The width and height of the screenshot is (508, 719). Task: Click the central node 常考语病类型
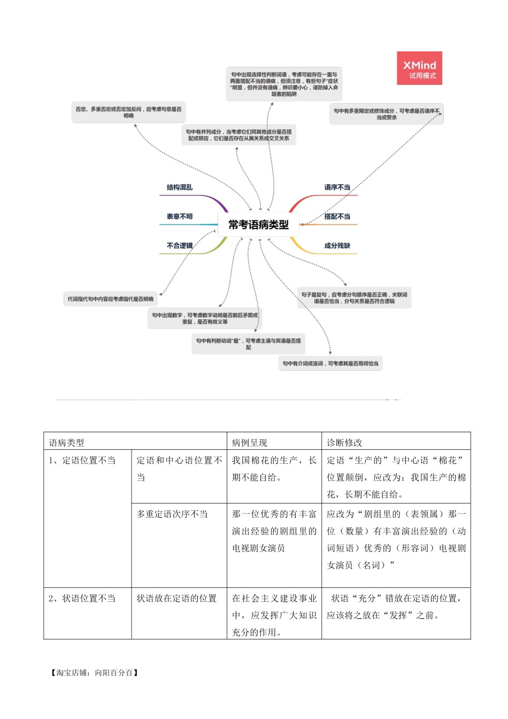[258, 225]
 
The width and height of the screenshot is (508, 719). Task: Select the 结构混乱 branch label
[180, 188]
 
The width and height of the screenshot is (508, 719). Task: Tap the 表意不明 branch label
[180, 217]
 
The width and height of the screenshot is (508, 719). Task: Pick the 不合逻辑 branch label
[180, 246]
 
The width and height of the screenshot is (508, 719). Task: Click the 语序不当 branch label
[337, 188]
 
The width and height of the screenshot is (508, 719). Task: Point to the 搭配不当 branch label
[337, 217]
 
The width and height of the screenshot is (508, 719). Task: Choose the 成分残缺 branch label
[337, 246]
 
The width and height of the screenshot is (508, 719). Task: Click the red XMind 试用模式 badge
[420, 68]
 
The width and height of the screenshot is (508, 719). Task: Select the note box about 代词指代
[111, 299]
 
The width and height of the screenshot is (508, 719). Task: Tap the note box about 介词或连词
[330, 364]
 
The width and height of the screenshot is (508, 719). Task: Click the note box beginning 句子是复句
[354, 298]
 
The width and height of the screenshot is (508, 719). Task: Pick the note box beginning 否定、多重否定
[128, 112]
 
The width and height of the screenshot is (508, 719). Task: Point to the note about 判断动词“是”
[248, 344]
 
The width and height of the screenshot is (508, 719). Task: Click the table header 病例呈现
[249, 443]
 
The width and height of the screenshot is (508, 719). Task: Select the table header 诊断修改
[344, 443]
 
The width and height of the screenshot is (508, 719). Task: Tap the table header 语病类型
[66, 443]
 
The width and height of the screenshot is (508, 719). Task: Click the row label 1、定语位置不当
[82, 461]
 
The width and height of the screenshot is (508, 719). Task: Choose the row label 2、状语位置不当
[82, 599]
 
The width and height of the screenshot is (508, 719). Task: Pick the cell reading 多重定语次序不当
[172, 514]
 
